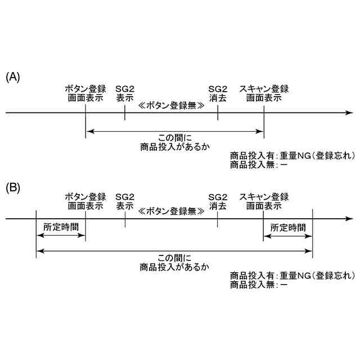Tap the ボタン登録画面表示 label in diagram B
click(85, 201)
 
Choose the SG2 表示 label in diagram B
click(125, 201)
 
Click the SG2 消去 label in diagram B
click(218, 201)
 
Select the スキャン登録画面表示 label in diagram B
click(264, 201)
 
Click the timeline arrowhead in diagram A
click(350, 112)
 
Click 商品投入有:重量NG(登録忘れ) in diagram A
click(292, 156)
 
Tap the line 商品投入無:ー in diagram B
click(259, 285)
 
